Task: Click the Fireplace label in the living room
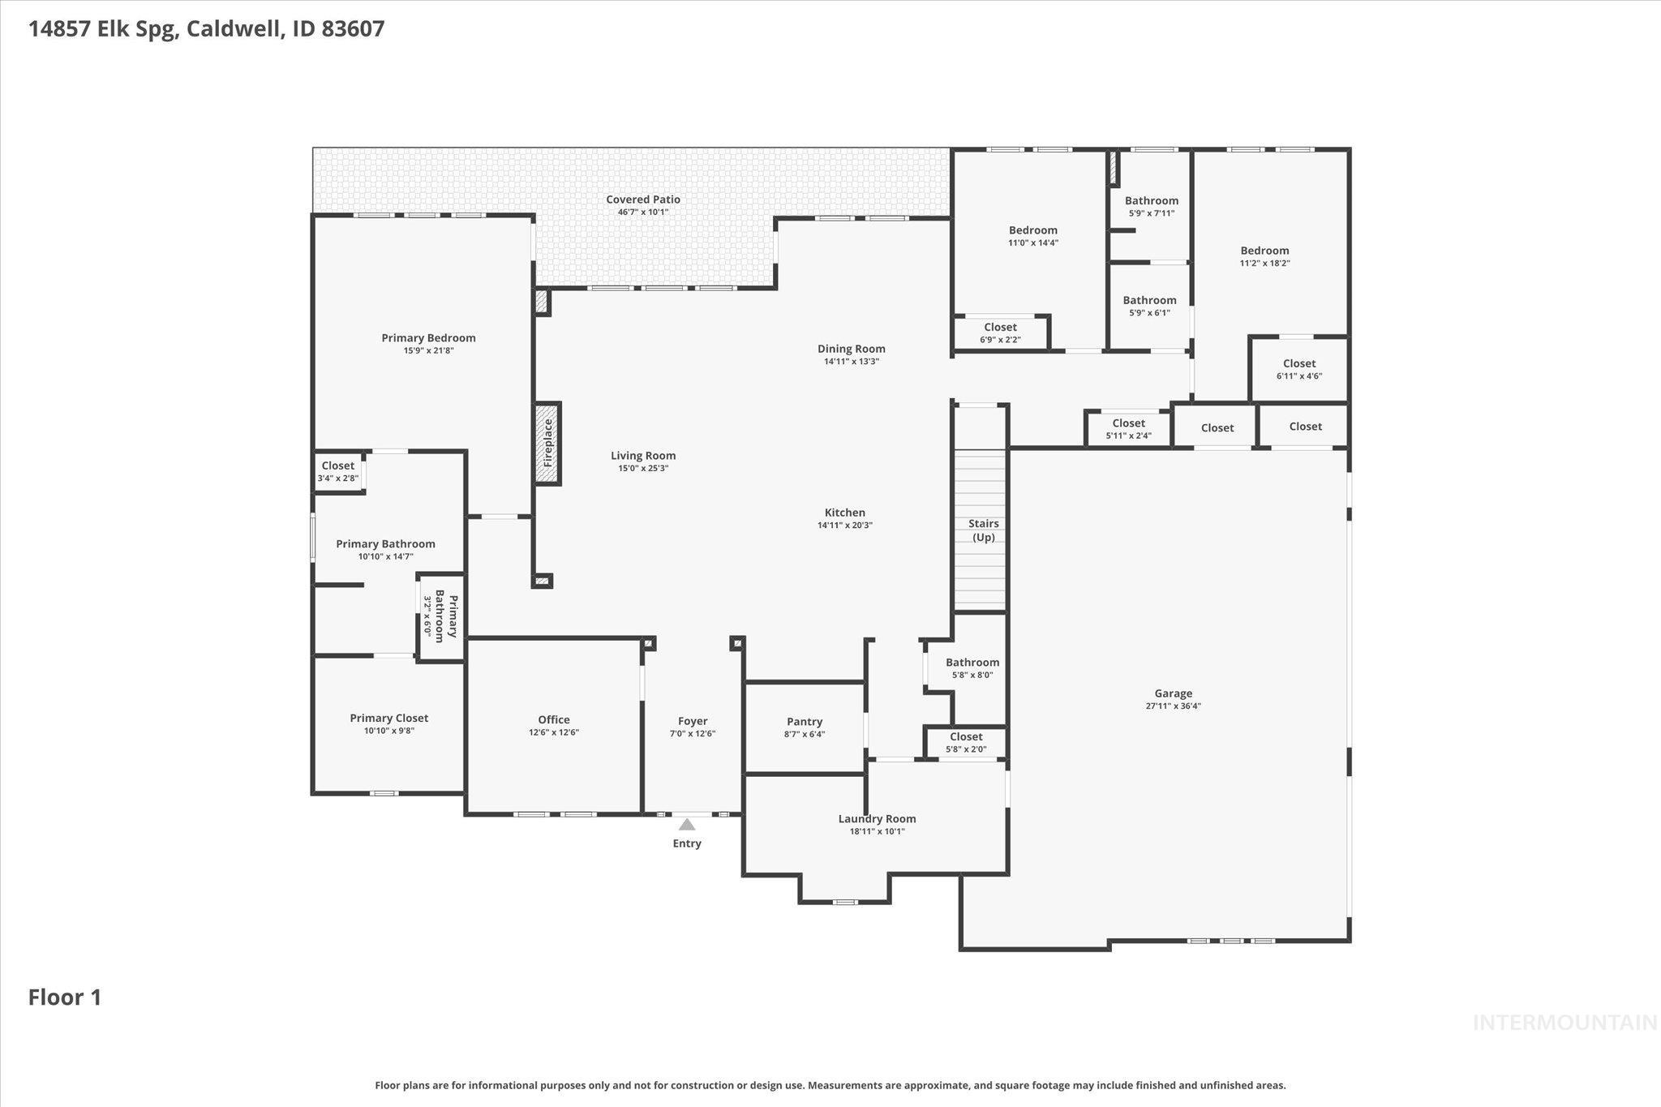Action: tap(548, 443)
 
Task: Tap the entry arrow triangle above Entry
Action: tap(687, 825)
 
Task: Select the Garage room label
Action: tap(1173, 693)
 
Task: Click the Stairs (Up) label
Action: tap(983, 530)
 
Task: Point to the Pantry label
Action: tap(804, 722)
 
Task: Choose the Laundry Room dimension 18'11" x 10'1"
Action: tap(877, 831)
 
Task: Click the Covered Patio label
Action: tap(643, 200)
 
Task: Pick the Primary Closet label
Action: tap(388, 718)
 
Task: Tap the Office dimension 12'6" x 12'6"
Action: tap(553, 732)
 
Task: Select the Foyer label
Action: tap(693, 721)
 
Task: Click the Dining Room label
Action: tap(851, 349)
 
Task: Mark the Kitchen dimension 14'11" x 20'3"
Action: tap(844, 526)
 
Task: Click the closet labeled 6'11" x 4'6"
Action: tap(1298, 369)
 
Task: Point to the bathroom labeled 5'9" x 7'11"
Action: tap(1151, 206)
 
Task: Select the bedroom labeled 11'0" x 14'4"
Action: tap(1032, 235)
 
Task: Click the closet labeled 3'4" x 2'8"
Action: tap(337, 471)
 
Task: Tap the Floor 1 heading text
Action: tap(65, 997)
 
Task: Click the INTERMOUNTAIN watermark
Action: tap(1564, 1023)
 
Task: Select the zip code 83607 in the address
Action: tap(353, 29)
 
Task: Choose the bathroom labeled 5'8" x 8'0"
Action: tap(972, 667)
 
